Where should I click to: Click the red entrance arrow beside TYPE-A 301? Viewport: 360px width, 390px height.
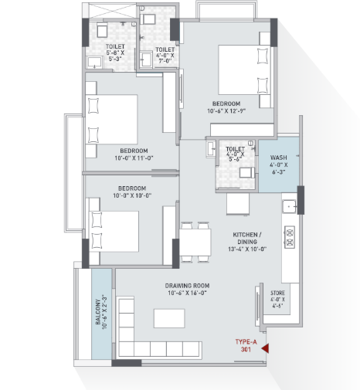coord(266,348)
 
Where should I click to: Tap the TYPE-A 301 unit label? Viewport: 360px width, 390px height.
coord(246,345)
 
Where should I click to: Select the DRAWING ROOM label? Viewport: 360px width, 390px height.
coord(187,286)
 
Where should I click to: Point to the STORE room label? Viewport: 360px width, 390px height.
coord(277,293)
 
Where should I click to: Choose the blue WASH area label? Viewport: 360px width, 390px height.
coord(279,158)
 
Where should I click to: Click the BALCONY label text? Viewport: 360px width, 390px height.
coord(98,312)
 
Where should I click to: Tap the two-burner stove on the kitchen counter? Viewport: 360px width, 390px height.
coord(290,237)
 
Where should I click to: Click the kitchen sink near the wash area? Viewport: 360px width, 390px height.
coord(290,206)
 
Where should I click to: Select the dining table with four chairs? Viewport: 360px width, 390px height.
coord(195,242)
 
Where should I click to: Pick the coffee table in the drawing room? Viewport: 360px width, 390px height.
coord(169,318)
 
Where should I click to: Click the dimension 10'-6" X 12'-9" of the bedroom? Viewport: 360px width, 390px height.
coord(226,111)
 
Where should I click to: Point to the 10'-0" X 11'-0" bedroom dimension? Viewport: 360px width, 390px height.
coord(134,158)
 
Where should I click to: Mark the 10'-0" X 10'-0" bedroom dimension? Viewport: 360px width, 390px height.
coord(132,195)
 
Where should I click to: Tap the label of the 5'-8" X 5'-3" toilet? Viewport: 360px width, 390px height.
coord(115,46)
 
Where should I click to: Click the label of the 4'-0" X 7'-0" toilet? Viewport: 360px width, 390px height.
coord(165,49)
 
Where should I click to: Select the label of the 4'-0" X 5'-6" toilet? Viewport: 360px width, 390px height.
coord(235,149)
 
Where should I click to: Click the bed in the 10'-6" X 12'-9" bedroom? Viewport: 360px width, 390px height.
coord(245,70)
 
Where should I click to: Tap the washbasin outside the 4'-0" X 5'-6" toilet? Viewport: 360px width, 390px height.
coord(211,149)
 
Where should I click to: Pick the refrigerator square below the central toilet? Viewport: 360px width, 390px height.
coord(238,204)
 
